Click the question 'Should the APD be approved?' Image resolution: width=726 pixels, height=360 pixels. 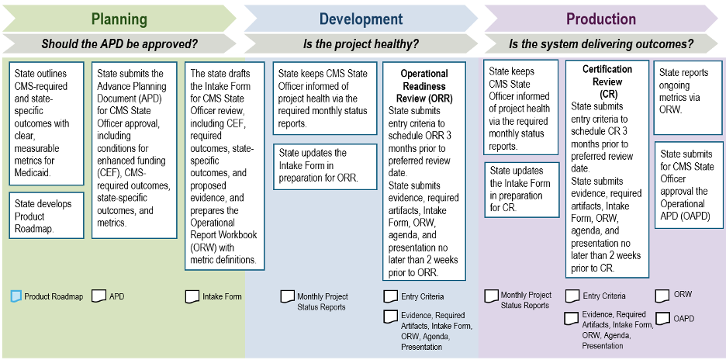[x=119, y=44]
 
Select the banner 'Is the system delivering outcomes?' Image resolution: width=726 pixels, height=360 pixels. [x=601, y=44]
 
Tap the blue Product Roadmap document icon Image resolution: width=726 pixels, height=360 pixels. [x=16, y=296]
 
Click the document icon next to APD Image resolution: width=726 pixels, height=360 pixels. [x=99, y=296]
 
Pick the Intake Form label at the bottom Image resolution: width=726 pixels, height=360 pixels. [x=222, y=296]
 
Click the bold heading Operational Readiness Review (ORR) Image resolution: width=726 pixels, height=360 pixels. [x=423, y=86]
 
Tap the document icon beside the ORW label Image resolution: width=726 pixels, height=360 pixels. [x=662, y=295]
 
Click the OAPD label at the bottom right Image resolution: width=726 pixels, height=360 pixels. [x=683, y=318]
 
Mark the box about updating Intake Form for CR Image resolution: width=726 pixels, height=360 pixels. [x=520, y=189]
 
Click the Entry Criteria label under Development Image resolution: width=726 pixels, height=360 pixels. [x=422, y=296]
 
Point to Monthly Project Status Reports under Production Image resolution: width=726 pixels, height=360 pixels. [x=525, y=300]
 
